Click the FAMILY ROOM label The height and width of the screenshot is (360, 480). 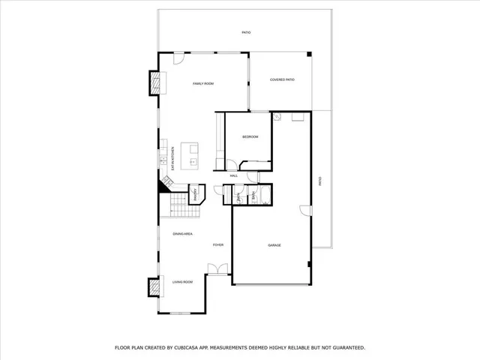point(203,84)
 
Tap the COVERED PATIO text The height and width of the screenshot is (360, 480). point(282,79)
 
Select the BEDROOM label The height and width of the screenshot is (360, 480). point(250,136)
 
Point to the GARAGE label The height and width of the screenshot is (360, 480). point(274,245)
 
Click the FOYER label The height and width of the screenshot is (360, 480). point(218,245)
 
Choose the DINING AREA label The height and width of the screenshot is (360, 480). point(183,234)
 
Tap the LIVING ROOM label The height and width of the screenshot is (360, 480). point(183,282)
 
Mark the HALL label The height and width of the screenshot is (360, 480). point(234,175)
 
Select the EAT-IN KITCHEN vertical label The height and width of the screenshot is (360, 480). point(173,157)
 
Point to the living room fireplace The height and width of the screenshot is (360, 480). point(154,287)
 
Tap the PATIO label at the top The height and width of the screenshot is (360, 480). point(246,33)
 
